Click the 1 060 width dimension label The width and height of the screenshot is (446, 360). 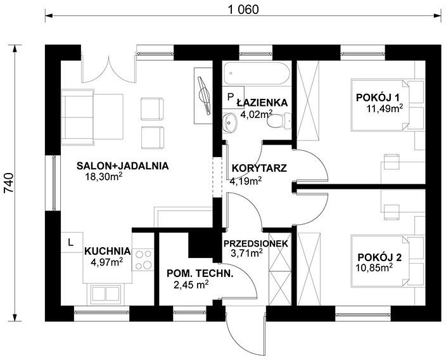coord(243,10)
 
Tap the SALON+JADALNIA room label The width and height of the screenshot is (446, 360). coord(123,165)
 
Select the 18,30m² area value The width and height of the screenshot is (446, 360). coord(104,176)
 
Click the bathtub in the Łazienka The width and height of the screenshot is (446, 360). coord(257,74)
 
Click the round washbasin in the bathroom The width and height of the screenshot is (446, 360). coord(229,123)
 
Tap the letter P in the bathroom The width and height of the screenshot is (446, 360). coord(230,97)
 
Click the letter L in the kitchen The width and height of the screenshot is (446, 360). coord(70,243)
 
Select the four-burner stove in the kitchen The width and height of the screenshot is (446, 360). coord(143,259)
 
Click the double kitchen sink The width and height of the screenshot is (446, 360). coord(105,293)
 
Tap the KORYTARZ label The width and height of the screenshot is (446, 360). coord(259,168)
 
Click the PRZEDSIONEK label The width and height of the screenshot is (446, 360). coord(256,243)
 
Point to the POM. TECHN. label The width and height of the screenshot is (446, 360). coord(200,274)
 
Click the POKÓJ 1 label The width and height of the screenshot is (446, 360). coord(378,98)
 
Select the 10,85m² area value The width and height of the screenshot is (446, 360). coord(374,267)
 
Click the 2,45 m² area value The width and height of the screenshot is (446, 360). coord(191,284)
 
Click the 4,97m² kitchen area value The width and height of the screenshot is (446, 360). coord(106,262)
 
